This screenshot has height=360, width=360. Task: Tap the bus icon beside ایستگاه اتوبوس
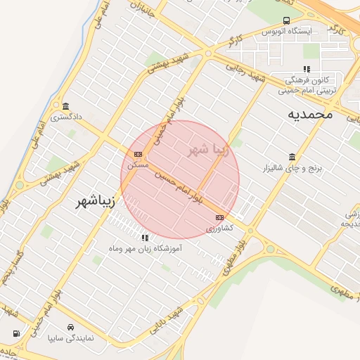click(x=285, y=21)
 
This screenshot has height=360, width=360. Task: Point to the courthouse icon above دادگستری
click(x=65, y=105)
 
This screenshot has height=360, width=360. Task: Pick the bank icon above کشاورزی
click(x=219, y=217)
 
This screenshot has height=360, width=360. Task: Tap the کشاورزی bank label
click(x=219, y=228)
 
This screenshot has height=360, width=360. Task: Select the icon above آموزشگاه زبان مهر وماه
click(x=145, y=238)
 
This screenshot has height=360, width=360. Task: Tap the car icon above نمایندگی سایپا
click(x=71, y=328)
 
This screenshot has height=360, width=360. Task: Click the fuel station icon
click(x=15, y=333)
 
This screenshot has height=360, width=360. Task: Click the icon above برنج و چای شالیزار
click(x=291, y=157)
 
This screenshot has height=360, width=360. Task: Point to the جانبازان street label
click(x=141, y=9)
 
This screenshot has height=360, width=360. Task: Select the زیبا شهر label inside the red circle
click(x=205, y=150)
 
